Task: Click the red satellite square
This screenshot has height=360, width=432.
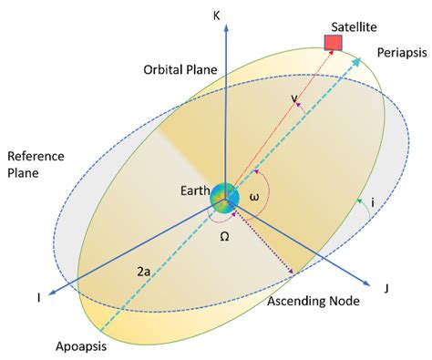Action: (334, 42)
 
